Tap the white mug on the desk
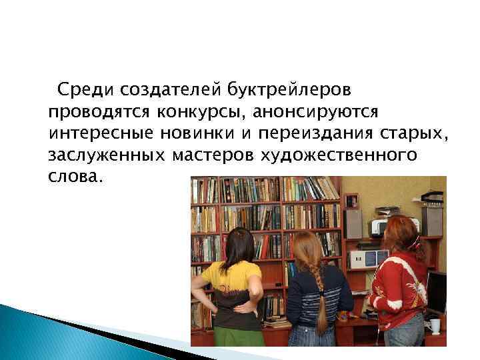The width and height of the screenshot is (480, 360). coord(435,326)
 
